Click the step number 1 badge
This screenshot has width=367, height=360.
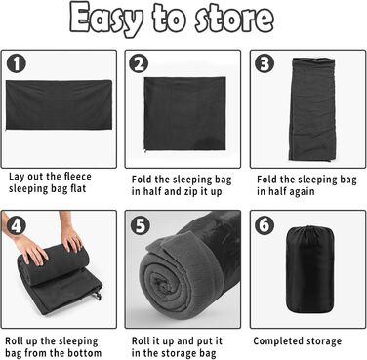pos(16,63)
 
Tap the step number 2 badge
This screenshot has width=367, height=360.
pos(139,63)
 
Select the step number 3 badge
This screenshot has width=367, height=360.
pos(265,63)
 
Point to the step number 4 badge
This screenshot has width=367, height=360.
pos(16,225)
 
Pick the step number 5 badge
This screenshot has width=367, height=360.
pos(141,225)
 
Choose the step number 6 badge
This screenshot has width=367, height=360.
pos(265,225)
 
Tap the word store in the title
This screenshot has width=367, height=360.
pos(234,18)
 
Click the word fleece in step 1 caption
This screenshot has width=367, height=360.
pos(77,177)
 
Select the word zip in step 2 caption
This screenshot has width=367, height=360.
pos(192,191)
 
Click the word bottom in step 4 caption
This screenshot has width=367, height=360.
pos(85,352)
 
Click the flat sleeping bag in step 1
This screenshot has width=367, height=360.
pos(59,104)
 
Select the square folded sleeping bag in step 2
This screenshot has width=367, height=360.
pos(184,114)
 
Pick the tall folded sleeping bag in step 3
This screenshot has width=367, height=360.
pos(312,109)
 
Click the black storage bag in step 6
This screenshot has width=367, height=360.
pos(309,269)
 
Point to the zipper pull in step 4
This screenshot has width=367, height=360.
pos(98,295)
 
